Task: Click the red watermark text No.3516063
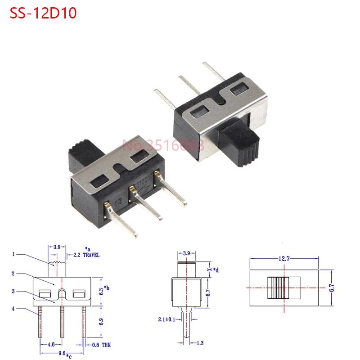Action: (163, 145)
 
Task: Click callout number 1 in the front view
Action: (13, 254)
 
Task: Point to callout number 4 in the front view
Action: (13, 308)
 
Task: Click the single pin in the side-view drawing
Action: (188, 324)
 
